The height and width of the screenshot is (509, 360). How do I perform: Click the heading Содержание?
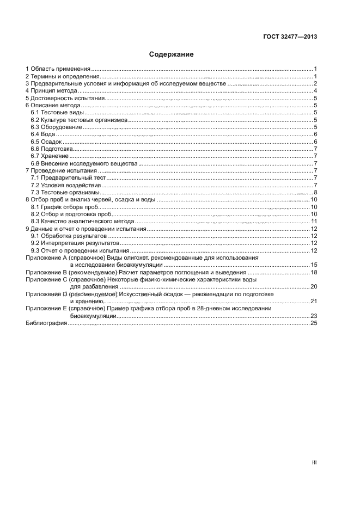click(x=172, y=54)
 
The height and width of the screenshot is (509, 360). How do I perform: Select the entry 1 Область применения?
click(x=58, y=69)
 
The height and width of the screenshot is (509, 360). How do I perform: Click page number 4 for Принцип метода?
click(x=315, y=91)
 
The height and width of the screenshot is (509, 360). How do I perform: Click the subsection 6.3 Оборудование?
click(x=56, y=127)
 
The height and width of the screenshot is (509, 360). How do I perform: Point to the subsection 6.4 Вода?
click(x=43, y=134)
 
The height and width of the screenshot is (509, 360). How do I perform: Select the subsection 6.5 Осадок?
click(x=46, y=142)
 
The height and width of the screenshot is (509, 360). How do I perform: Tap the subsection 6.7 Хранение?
click(x=50, y=156)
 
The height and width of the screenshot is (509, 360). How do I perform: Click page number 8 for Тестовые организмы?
click(x=315, y=192)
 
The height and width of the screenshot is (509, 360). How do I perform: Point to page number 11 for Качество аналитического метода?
click(x=314, y=221)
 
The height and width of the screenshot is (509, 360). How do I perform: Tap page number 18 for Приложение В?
click(x=314, y=272)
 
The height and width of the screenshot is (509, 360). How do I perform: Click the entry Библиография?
click(x=46, y=323)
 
